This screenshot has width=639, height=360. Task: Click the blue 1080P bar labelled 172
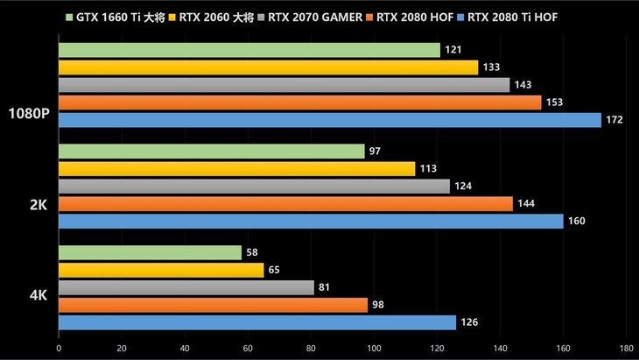click(x=329, y=120)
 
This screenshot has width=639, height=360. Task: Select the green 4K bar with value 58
click(x=150, y=253)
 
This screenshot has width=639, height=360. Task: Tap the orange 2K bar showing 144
click(x=285, y=204)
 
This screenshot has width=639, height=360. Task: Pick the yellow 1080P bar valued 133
click(x=268, y=67)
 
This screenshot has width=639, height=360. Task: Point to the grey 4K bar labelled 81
click(x=186, y=287)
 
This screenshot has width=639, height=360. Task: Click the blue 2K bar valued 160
click(x=311, y=221)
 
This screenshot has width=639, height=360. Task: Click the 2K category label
click(x=38, y=205)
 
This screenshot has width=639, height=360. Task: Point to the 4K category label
click(x=38, y=296)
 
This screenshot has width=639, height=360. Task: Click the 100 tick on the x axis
click(x=374, y=348)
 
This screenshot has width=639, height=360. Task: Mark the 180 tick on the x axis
click(x=627, y=348)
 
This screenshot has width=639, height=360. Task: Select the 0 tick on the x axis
click(x=59, y=348)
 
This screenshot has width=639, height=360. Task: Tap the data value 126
click(x=469, y=322)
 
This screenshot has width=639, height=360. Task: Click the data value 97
click(x=375, y=152)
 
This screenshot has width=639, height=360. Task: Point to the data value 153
click(x=555, y=102)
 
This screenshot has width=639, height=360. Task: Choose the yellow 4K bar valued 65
click(x=161, y=271)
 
